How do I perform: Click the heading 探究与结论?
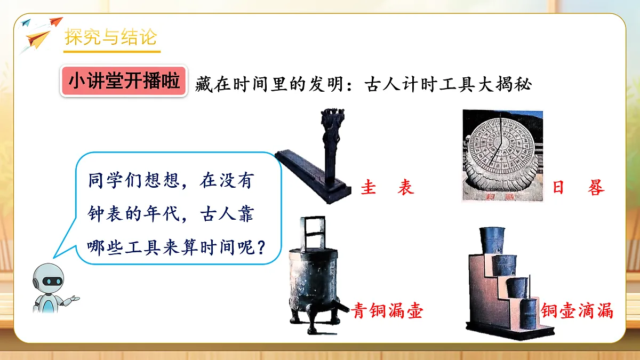(111, 37)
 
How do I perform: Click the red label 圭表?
(387, 188)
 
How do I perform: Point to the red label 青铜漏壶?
(388, 311)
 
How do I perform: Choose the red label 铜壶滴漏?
(577, 311)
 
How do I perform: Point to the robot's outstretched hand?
(75, 298)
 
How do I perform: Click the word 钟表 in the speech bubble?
(107, 214)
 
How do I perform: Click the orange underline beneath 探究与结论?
(112, 52)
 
